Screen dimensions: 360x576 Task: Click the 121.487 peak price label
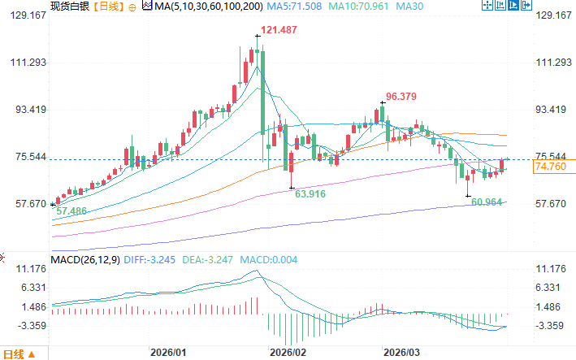(x=276, y=30)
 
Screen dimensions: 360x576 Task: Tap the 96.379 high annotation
(x=401, y=96)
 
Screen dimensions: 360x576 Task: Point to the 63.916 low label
(x=311, y=195)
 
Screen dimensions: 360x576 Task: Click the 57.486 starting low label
(x=71, y=210)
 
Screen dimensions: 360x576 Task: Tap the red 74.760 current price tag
(x=550, y=167)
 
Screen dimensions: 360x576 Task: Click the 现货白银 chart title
(x=68, y=6)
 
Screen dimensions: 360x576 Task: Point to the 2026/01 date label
(x=169, y=353)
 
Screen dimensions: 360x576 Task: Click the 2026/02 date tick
(x=288, y=353)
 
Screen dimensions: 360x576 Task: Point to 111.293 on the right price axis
(x=554, y=63)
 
